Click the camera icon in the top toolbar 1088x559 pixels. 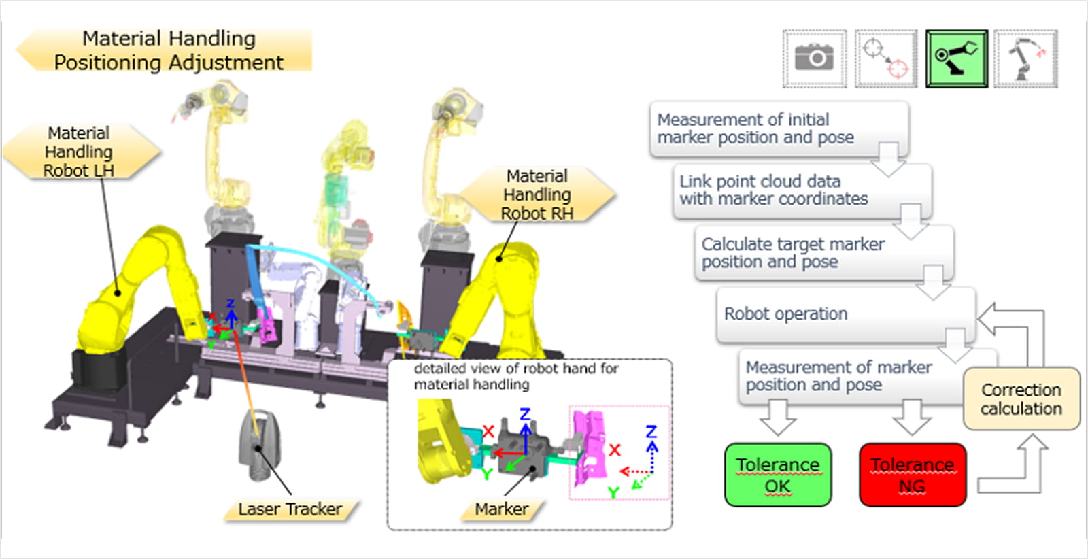coord(814,58)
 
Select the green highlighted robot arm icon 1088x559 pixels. coord(956,58)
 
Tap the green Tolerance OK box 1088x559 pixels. coord(777,475)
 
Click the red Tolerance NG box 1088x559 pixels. coord(912,475)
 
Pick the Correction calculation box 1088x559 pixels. coord(1021,399)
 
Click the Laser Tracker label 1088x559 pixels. coord(290,509)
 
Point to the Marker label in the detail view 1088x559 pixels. coord(501,509)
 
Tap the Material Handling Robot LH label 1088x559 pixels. coord(79,152)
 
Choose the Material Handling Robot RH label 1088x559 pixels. coord(537,194)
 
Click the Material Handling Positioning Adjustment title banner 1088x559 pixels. coord(168,50)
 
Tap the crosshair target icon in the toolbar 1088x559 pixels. coord(885,58)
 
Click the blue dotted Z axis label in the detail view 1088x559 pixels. coord(651,431)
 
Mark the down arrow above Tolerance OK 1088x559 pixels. coord(777,417)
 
